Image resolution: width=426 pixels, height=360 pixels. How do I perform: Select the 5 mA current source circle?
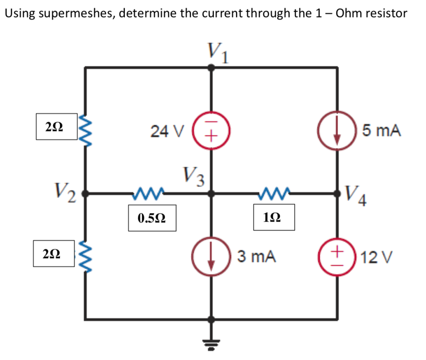click(x=337, y=130)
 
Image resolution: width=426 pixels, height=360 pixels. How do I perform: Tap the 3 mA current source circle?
click(x=211, y=255)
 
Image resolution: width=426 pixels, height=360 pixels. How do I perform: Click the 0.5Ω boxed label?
click(x=151, y=218)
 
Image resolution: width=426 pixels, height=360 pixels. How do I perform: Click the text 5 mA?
click(x=381, y=131)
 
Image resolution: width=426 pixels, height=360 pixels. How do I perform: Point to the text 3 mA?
click(x=257, y=256)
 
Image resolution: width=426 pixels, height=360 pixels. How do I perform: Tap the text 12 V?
click(x=376, y=257)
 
